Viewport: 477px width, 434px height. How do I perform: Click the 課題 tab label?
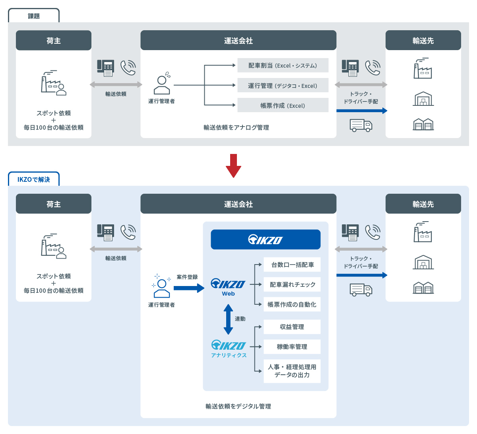click(34, 16)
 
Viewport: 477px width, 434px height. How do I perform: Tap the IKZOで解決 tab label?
click(34, 179)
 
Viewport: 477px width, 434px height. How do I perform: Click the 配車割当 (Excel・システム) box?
click(283, 66)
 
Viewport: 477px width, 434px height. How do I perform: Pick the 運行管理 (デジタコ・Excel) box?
click(283, 86)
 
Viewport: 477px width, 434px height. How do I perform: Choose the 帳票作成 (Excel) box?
click(283, 105)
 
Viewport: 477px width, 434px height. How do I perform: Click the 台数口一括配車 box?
click(292, 265)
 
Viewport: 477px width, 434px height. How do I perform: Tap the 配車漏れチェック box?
click(292, 284)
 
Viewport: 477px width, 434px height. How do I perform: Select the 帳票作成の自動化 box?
click(292, 304)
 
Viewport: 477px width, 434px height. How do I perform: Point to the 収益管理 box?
click(292, 327)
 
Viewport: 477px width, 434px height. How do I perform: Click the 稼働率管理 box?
click(292, 346)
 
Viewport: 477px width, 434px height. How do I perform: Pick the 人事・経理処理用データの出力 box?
click(292, 371)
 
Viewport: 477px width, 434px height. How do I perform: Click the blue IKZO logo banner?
click(266, 239)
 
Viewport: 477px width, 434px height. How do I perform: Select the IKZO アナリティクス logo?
click(229, 348)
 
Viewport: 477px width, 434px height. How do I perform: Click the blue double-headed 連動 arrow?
click(228, 319)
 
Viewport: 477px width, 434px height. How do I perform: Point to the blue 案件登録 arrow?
click(188, 288)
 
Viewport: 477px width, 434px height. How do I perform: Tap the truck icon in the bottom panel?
click(361, 290)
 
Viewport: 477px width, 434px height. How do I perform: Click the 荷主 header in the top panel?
click(54, 41)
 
